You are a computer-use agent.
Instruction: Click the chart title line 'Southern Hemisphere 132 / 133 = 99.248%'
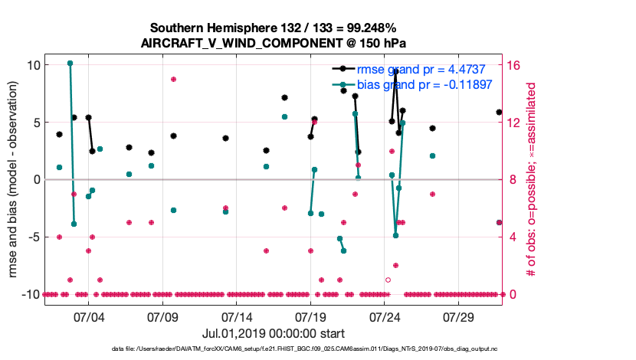274,27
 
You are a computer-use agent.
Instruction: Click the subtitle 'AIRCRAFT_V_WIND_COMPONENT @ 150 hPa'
274,42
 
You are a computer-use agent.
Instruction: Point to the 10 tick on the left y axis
32,64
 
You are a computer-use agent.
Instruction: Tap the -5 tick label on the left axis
32,237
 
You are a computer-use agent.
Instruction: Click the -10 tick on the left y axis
30,294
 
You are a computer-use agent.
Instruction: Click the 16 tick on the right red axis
514,64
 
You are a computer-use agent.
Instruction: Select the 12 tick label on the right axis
514,122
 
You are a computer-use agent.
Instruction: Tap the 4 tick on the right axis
512,237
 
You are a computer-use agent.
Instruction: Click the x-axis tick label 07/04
88,316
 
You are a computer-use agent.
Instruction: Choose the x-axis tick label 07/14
237,316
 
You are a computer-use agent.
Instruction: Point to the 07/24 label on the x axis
385,316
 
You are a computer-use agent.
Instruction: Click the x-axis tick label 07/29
460,316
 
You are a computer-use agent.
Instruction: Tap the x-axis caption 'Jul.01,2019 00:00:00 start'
274,333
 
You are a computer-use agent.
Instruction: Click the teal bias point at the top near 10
70,63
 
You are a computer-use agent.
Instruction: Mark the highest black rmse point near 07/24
395,71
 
